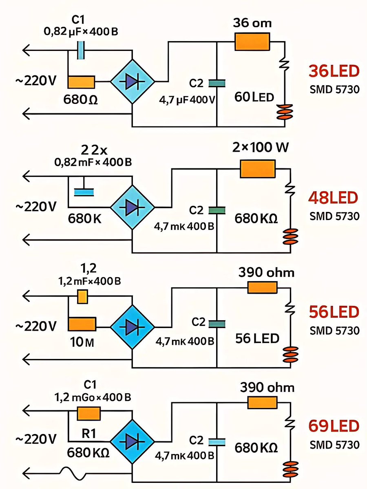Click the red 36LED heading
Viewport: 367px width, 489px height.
coord(334,72)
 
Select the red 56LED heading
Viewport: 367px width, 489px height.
coord(334,313)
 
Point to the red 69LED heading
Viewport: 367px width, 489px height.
coord(334,427)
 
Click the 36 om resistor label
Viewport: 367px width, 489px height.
coord(252,23)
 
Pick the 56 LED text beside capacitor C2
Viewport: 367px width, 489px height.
coord(257,338)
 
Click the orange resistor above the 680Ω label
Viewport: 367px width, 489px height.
coord(82,82)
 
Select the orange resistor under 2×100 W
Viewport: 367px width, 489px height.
coord(258,169)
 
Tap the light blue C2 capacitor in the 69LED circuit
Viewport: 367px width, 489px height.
coord(217,441)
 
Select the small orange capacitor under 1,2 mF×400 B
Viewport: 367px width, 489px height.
coord(83,297)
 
